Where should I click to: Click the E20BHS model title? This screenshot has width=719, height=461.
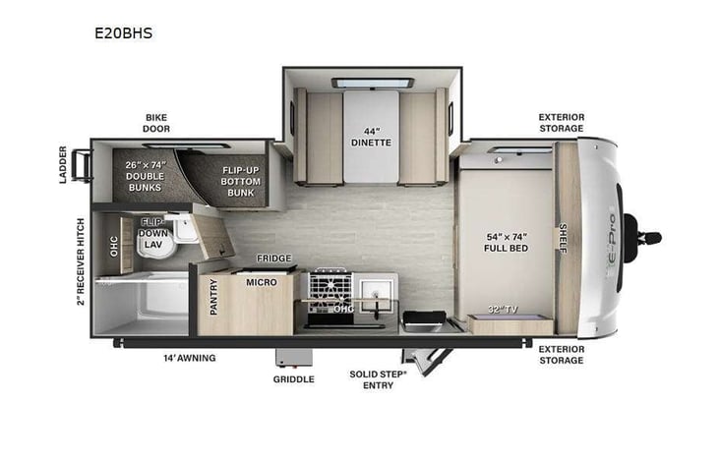[125, 32]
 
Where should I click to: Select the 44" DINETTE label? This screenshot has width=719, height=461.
[372, 135]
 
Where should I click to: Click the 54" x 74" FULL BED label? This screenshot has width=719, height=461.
[507, 243]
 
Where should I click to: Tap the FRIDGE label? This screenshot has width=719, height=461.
[273, 259]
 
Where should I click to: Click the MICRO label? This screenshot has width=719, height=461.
[262, 282]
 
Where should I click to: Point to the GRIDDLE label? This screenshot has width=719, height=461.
[294, 377]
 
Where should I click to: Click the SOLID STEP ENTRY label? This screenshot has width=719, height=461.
[373, 379]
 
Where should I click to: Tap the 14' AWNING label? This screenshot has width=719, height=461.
[189, 358]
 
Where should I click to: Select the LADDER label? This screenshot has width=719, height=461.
[63, 164]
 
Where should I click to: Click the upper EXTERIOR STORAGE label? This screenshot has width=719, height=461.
[561, 123]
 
